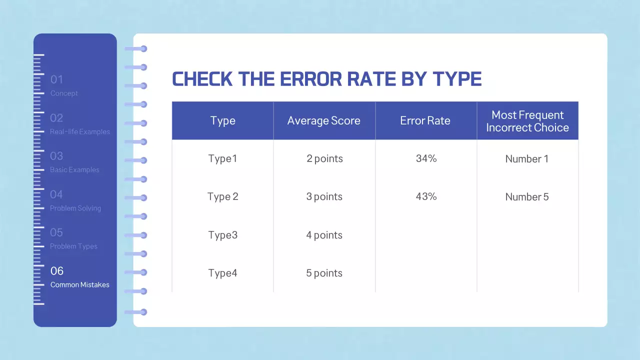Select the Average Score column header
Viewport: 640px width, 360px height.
coord(323,121)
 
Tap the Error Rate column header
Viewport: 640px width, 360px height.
coord(425,121)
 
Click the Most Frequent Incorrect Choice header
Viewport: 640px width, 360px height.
coord(527,121)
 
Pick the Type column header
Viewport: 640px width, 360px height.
coord(222,121)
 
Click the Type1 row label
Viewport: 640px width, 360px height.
coord(222,159)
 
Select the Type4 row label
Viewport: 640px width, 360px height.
coord(222,273)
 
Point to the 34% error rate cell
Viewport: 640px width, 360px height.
coord(426,158)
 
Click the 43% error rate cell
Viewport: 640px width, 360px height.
coord(426,196)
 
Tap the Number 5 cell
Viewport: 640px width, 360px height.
coord(527,197)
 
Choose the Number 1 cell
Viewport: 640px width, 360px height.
coord(527,159)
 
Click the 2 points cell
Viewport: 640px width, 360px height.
coord(324,159)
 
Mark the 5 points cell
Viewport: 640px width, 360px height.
coord(324,273)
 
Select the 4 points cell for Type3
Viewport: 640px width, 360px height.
coord(324,235)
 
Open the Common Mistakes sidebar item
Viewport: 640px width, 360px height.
coord(80,285)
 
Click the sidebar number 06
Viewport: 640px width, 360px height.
coord(57,271)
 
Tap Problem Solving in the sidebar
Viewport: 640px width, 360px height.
coord(75,208)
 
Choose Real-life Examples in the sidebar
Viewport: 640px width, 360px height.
coord(80,132)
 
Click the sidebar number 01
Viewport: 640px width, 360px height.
coord(56,79)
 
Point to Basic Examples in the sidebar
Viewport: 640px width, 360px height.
coord(74,170)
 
